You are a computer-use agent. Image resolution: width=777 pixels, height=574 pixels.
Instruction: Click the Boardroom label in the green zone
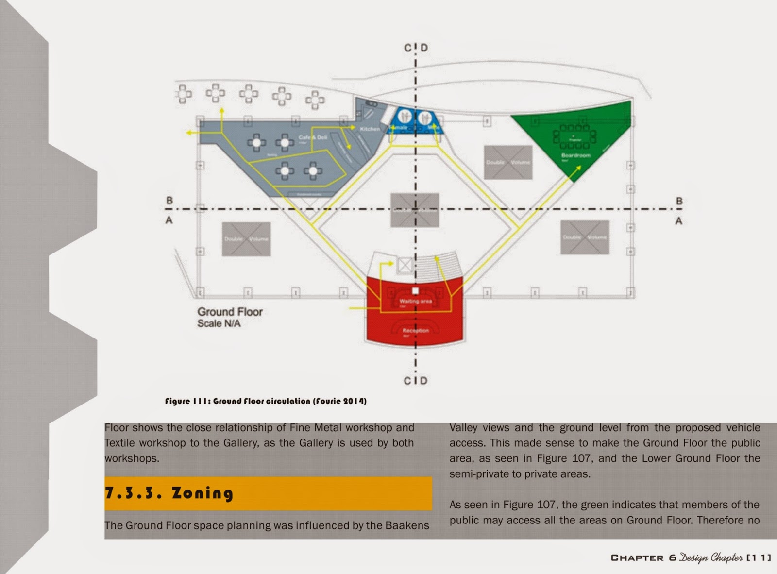point(575,155)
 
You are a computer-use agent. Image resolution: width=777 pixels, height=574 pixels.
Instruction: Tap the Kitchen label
point(370,129)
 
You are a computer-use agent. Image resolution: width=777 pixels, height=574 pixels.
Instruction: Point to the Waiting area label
point(415,301)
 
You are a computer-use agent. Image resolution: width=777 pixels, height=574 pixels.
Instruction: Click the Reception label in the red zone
point(415,330)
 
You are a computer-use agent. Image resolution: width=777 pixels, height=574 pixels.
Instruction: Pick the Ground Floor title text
point(230,312)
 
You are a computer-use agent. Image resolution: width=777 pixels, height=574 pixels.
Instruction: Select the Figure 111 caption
point(266,401)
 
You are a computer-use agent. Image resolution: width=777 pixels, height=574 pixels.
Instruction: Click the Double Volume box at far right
point(584,237)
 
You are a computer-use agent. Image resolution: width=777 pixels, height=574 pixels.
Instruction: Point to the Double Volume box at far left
point(246,239)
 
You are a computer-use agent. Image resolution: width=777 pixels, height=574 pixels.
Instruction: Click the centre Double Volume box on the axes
point(415,210)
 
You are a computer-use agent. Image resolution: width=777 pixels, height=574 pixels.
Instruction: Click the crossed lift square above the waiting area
point(405,265)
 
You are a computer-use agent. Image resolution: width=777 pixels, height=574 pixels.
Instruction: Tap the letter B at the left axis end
point(169,201)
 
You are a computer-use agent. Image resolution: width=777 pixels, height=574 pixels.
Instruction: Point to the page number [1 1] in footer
point(759,558)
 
